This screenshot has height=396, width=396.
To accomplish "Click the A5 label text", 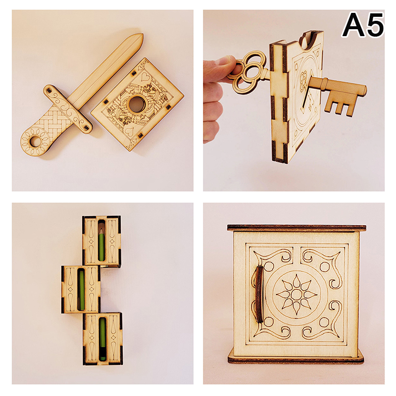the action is click(363, 25).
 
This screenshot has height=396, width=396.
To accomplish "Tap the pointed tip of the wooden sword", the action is click(142, 35).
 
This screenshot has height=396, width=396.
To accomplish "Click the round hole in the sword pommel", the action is click(35, 141).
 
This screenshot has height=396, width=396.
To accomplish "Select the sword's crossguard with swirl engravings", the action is click(68, 108).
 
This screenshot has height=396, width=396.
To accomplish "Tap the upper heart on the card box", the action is click(146, 76).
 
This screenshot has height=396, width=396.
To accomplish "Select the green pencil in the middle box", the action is click(81, 290).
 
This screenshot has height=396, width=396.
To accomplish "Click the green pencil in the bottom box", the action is click(102, 339).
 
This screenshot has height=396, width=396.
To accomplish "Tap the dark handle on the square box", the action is click(259, 294).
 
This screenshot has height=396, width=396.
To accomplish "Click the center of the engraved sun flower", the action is click(296, 294).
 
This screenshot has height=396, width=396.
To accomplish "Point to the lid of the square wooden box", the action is click(297, 228).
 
